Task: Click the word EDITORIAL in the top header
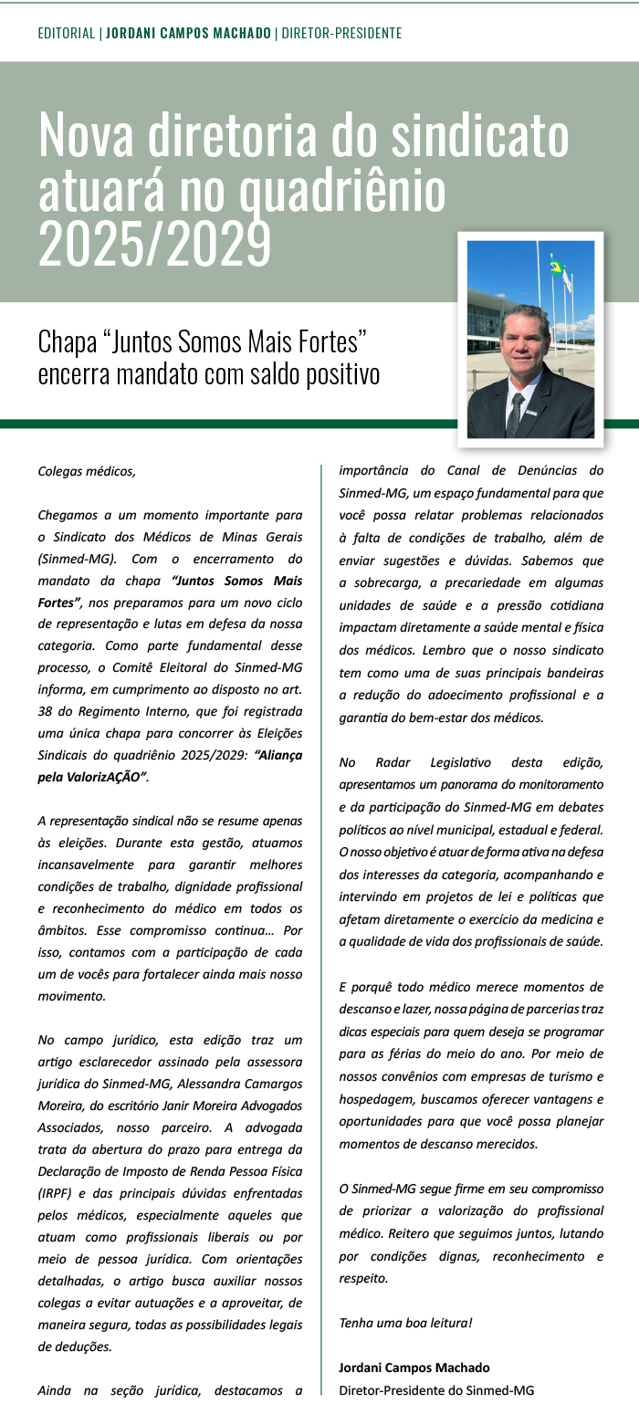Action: (x=67, y=34)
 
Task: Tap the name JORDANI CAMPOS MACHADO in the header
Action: (x=188, y=34)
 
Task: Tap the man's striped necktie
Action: (x=516, y=413)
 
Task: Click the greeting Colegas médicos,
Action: (x=87, y=472)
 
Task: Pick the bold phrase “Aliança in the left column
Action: (x=279, y=756)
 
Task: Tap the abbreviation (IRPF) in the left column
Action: (x=58, y=1192)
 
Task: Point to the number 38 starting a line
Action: (x=46, y=712)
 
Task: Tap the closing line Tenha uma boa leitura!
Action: (x=405, y=1322)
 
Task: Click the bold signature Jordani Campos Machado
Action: (x=414, y=1367)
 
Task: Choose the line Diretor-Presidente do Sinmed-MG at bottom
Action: (x=435, y=1390)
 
